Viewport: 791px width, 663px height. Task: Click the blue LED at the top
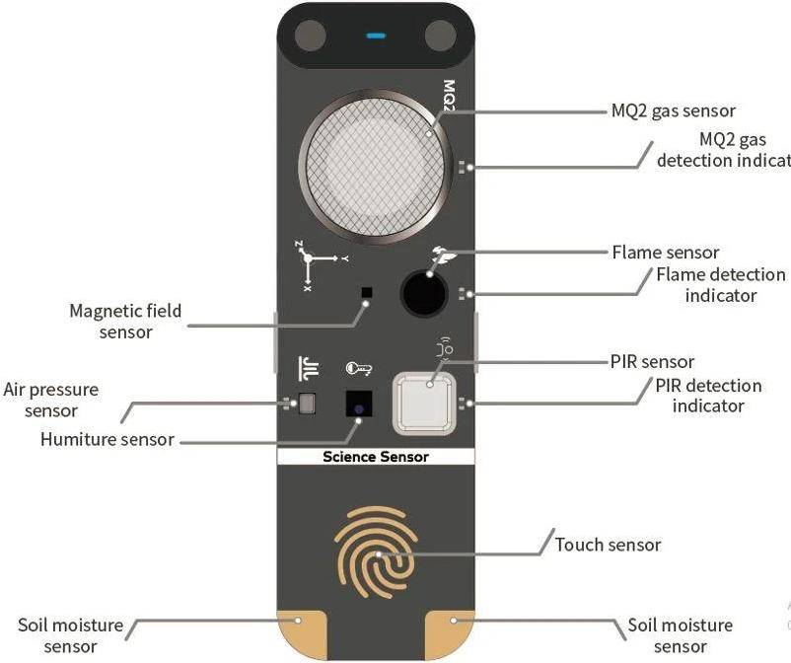coord(376,37)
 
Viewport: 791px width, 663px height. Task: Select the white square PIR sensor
coord(425,403)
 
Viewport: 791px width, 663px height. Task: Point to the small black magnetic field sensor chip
coord(367,293)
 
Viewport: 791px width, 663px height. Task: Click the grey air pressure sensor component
coord(307,403)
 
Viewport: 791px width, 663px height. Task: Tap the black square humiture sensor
coord(358,404)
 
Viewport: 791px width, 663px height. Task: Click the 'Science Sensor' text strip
coord(376,457)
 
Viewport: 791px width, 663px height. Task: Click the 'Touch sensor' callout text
coord(608,545)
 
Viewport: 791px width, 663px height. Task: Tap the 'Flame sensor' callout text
coord(666,253)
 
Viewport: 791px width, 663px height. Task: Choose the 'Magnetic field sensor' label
coord(125,322)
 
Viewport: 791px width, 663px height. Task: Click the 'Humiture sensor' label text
coord(107,439)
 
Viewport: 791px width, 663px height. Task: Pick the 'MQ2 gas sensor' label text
coord(674,111)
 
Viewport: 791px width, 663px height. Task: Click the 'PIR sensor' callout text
coord(653,362)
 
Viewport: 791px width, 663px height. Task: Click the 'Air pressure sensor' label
coord(51,400)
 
